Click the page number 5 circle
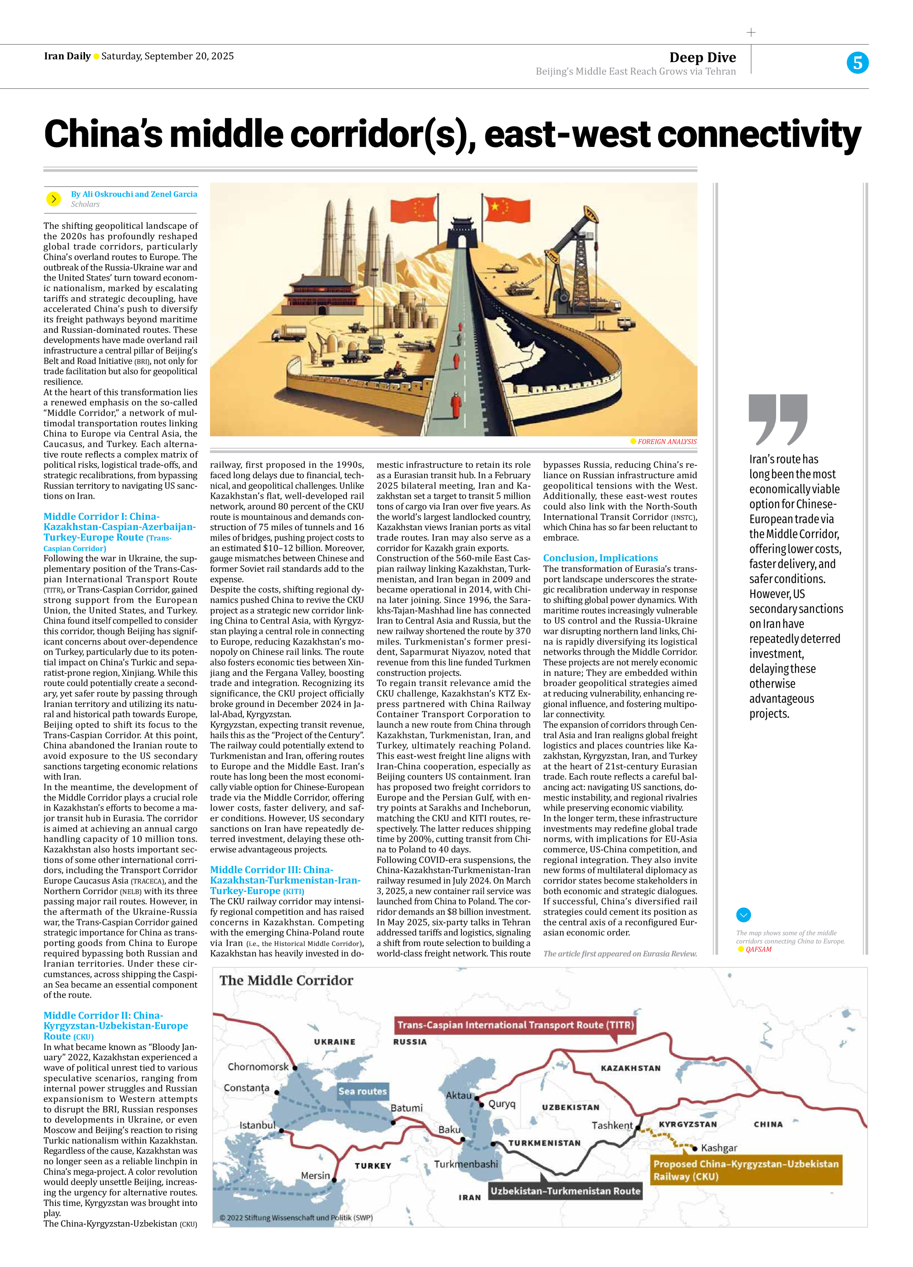click(857, 62)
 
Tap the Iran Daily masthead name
click(67, 56)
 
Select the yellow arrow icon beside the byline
click(54, 198)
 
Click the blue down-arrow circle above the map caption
click(743, 914)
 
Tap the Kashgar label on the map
click(719, 1148)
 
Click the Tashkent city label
click(612, 1126)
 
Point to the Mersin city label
click(316, 1175)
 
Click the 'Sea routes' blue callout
click(362, 1091)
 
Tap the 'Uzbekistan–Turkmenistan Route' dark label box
click(565, 1191)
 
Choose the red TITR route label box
click(515, 1024)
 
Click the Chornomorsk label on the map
click(258, 1066)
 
